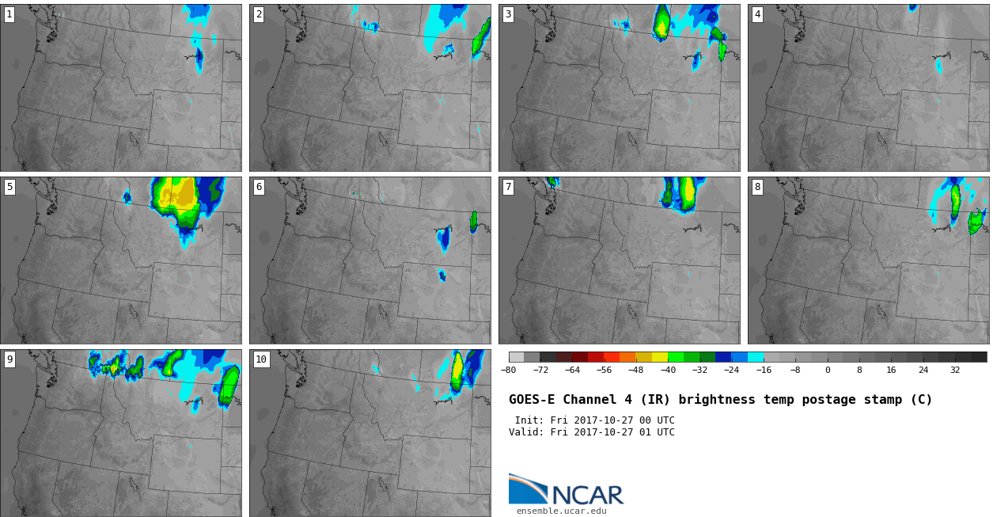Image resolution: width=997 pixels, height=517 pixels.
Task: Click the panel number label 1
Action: click(x=9, y=15)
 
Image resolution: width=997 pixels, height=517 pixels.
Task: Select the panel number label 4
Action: click(x=757, y=15)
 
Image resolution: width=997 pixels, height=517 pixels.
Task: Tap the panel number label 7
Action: click(x=508, y=188)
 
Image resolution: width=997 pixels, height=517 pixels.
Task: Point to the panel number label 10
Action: click(x=261, y=359)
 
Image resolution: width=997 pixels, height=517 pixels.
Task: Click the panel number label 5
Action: click(x=9, y=188)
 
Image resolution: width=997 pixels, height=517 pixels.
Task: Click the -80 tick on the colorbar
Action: click(x=508, y=370)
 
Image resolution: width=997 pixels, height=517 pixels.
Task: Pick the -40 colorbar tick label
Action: click(x=668, y=370)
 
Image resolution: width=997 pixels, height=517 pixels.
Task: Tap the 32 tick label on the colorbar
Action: click(x=955, y=370)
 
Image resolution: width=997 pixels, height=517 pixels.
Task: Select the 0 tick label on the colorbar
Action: click(x=828, y=370)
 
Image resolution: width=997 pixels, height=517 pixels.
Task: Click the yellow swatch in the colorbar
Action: click(x=660, y=357)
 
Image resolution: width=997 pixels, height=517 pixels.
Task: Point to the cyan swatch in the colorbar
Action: click(x=756, y=357)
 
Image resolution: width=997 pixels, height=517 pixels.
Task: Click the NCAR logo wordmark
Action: click(x=588, y=495)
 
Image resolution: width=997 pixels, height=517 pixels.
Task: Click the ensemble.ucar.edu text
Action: click(x=561, y=511)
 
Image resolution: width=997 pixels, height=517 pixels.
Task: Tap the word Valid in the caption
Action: click(x=524, y=432)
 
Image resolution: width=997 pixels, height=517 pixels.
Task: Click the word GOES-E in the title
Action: click(x=532, y=400)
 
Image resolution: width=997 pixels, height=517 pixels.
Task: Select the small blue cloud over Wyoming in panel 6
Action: click(x=442, y=276)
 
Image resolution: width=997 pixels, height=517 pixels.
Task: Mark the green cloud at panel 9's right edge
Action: click(x=229, y=386)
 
